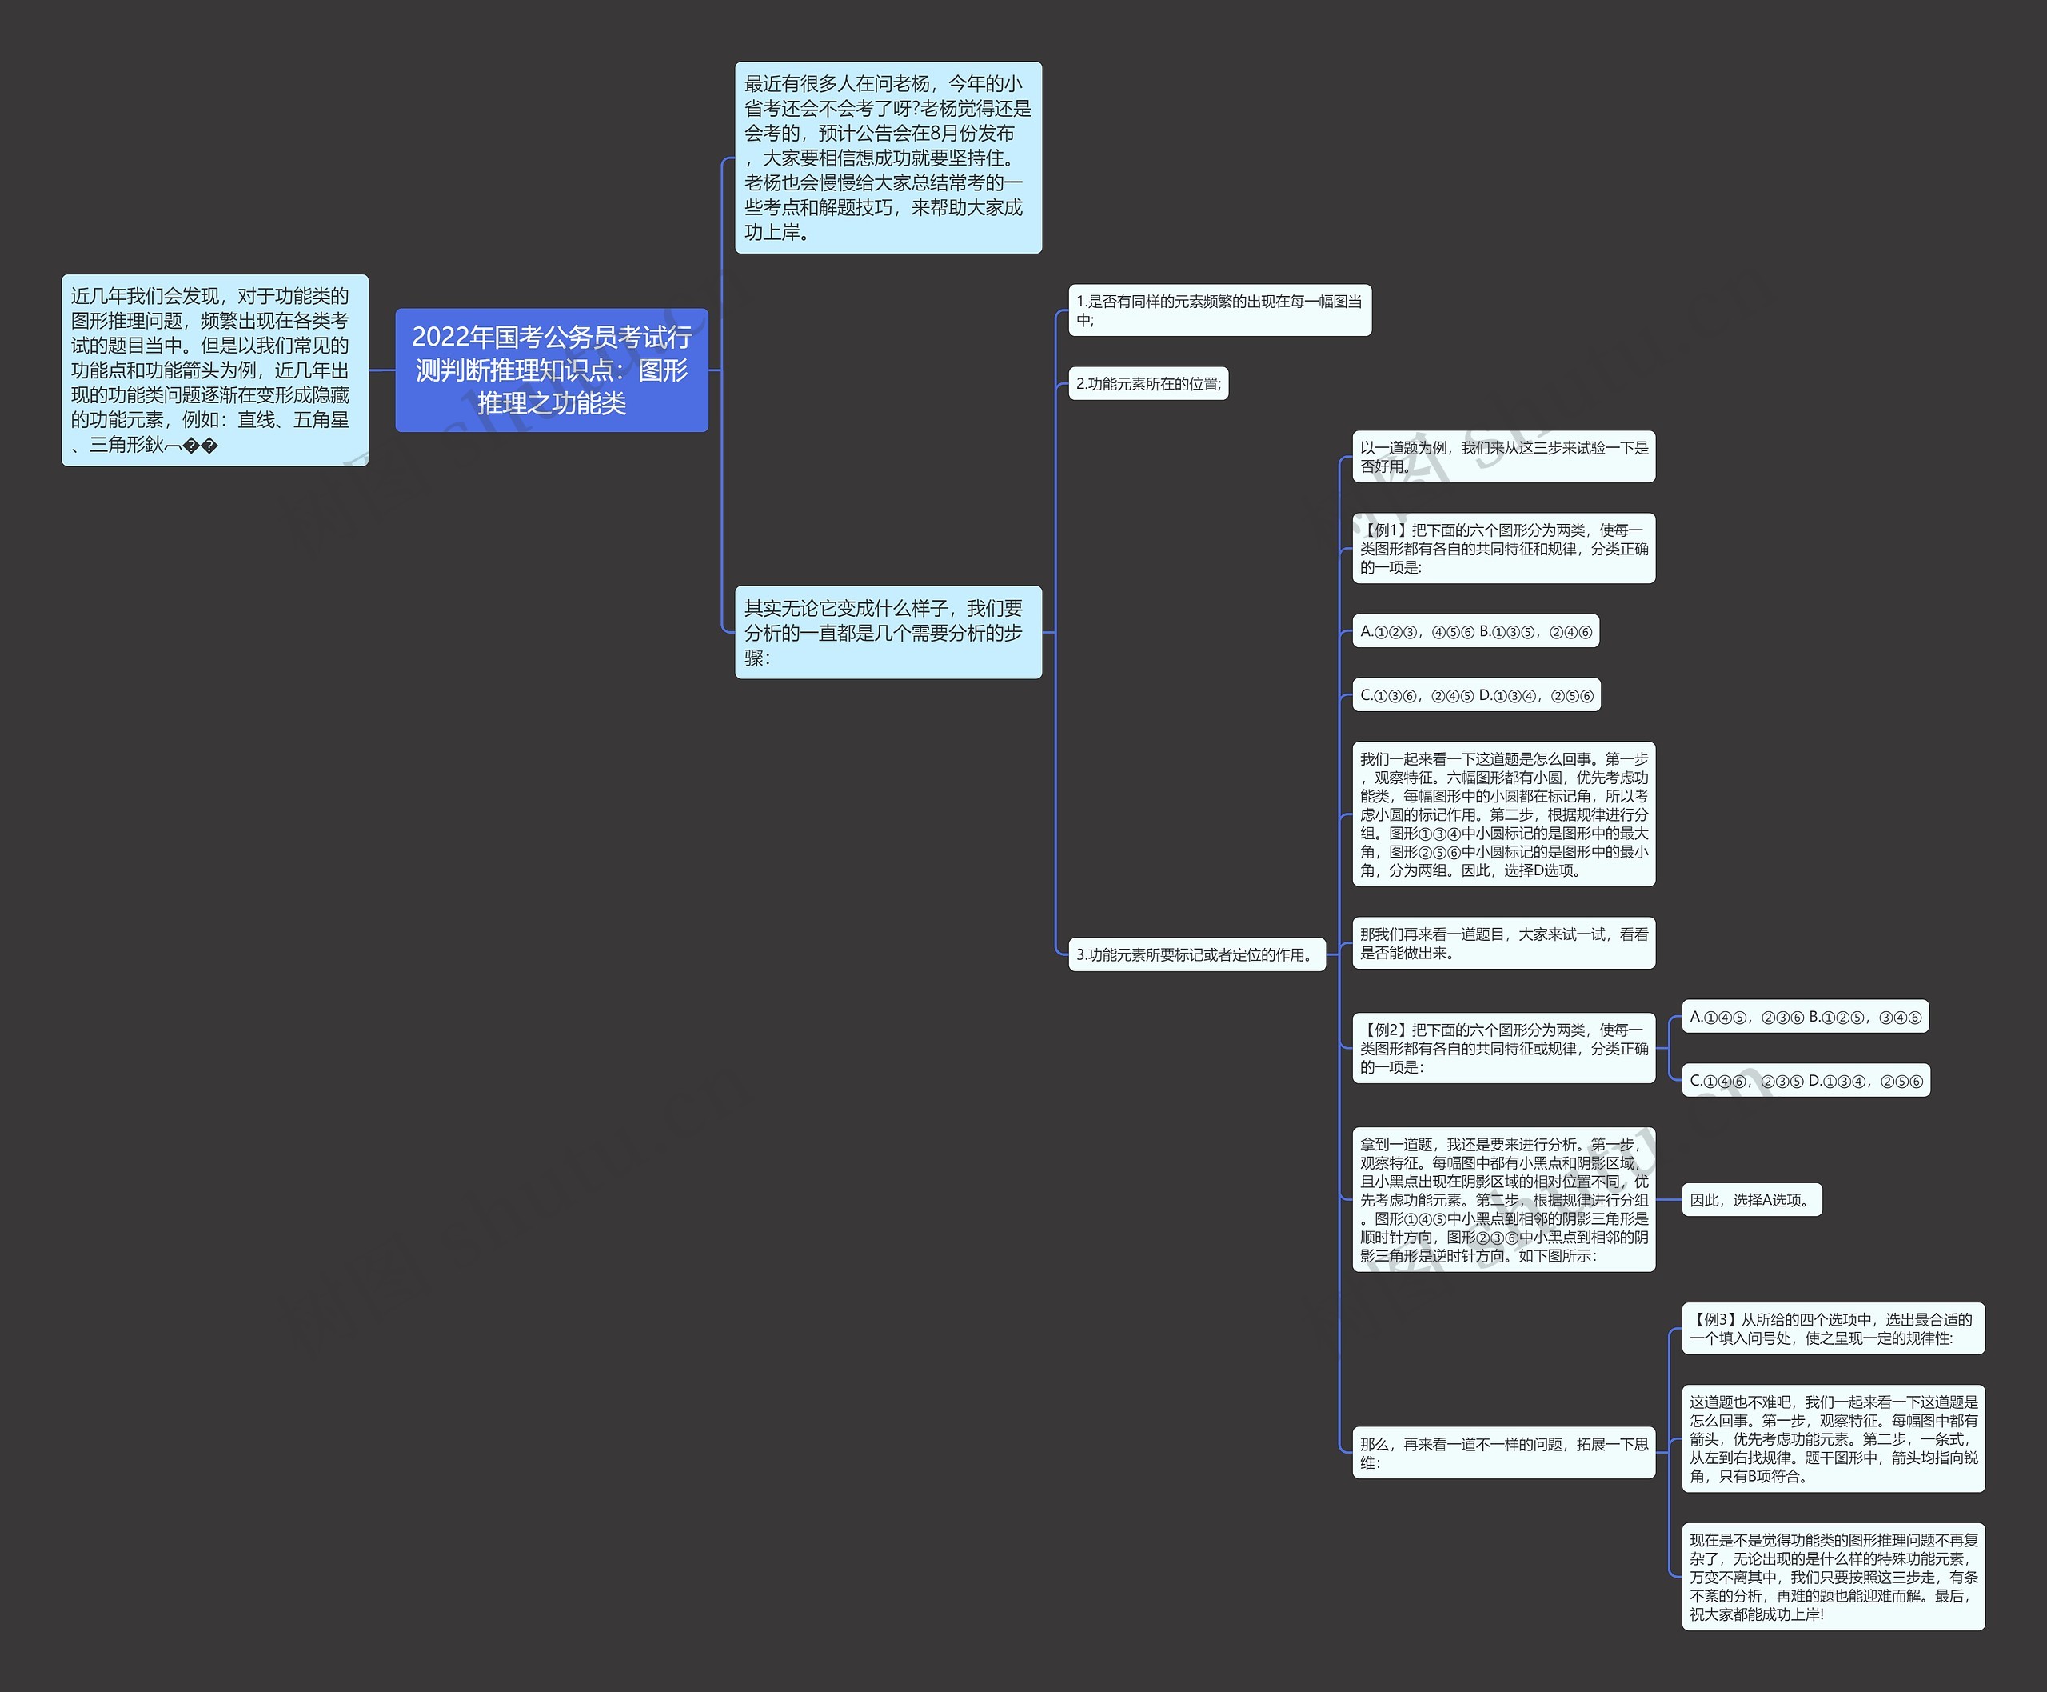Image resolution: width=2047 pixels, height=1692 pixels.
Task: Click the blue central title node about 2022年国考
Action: pos(552,370)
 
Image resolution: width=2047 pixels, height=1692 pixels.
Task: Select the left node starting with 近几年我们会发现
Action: pos(214,370)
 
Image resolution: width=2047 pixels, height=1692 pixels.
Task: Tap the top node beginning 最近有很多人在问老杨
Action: pos(888,158)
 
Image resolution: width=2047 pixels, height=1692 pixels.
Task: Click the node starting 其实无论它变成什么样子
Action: pos(888,633)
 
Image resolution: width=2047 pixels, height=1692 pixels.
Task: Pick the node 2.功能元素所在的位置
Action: pos(1147,384)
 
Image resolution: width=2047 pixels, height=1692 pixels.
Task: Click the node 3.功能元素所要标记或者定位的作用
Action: pos(1196,954)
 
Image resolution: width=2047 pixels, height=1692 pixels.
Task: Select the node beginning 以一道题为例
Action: pos(1503,457)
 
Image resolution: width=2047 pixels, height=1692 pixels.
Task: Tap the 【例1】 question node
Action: pos(1503,549)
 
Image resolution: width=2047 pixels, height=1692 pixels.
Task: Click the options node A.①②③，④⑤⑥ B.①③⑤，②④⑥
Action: pos(1475,631)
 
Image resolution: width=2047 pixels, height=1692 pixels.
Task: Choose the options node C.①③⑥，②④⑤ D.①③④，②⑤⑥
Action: pos(1476,695)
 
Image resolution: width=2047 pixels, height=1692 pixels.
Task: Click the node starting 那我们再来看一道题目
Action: pos(1503,943)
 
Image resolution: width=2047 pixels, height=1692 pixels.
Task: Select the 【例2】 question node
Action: pos(1503,1049)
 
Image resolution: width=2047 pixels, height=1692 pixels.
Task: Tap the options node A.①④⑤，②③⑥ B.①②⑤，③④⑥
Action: pos(1806,1018)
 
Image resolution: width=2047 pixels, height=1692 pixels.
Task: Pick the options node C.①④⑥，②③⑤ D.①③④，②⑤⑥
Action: pos(1806,1081)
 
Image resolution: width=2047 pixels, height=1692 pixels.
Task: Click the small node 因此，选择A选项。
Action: pos(1752,1200)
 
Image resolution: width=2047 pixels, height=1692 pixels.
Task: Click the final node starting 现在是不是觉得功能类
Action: pos(1833,1577)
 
